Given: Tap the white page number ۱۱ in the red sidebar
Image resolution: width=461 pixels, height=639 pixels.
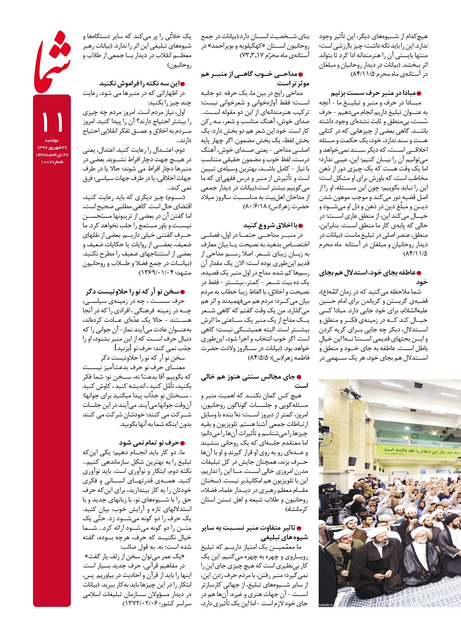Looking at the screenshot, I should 52,122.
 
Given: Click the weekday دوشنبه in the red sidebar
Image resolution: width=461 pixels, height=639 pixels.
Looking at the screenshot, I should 52,140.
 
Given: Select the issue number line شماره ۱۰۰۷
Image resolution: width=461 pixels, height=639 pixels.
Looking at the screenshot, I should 52,162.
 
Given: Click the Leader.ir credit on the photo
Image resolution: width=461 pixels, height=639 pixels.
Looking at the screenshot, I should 326,605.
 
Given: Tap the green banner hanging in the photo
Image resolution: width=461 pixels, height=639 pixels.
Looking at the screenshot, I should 418,451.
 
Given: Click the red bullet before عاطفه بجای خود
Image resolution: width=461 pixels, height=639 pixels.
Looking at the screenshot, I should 418,273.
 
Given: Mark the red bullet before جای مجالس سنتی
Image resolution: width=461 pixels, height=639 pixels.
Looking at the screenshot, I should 299,377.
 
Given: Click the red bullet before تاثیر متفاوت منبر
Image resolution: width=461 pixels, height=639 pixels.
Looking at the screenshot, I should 299,528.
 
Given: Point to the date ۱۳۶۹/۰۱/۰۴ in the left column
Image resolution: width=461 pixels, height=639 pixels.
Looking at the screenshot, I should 157,273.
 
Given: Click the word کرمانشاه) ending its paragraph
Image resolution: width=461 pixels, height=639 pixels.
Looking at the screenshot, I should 297,509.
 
